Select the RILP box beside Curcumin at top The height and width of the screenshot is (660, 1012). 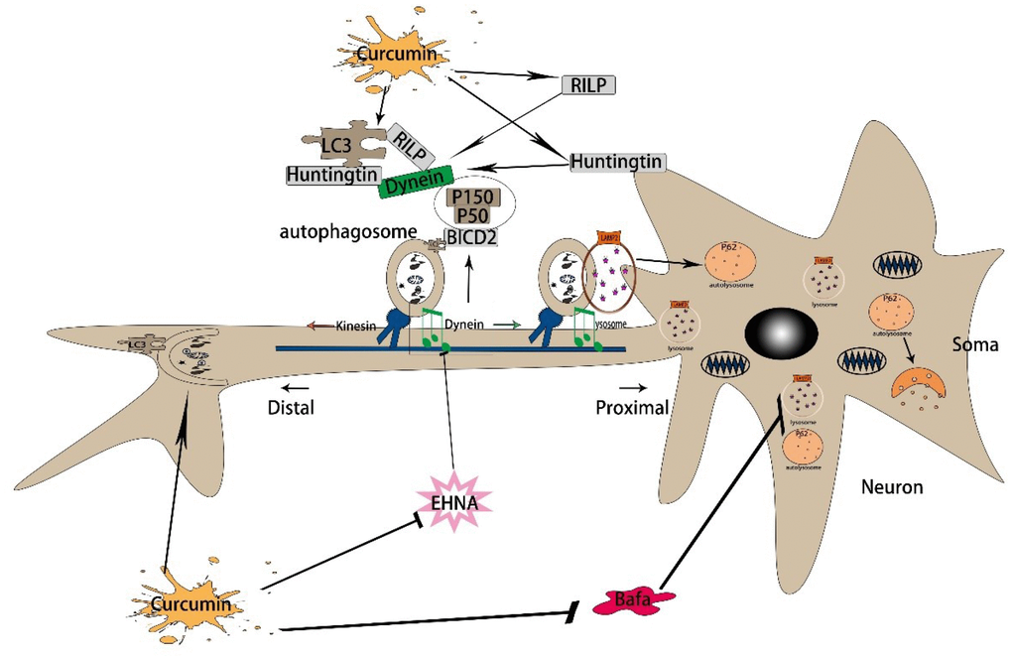587,85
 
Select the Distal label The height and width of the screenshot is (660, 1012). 291,407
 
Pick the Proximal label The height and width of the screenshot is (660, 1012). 630,407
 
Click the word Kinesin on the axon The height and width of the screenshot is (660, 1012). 356,325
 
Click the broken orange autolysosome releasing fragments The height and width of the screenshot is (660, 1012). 923,387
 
